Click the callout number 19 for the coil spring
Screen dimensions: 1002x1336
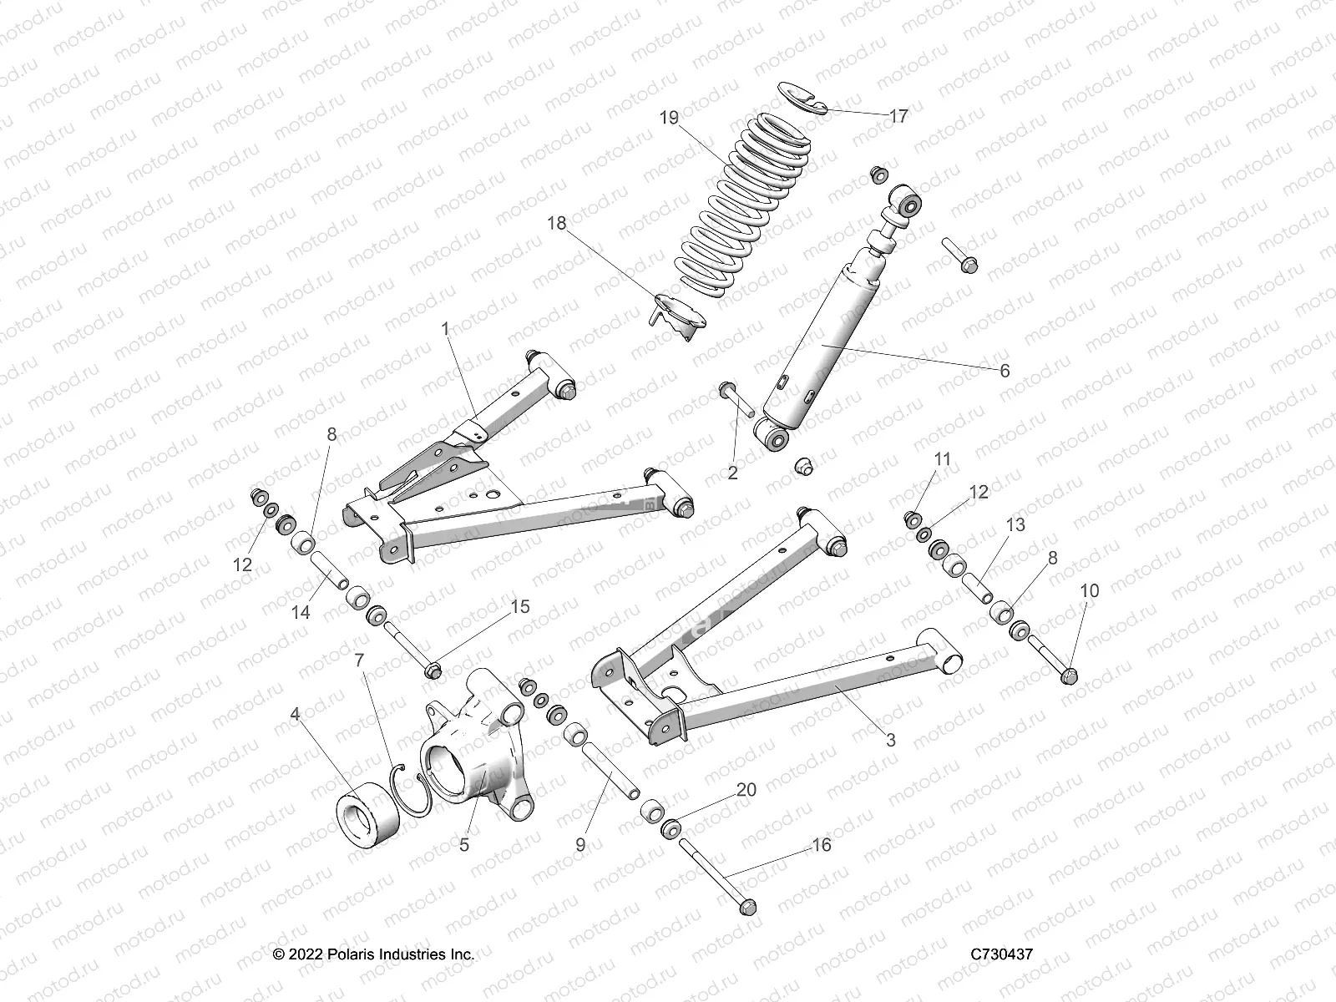tap(669, 118)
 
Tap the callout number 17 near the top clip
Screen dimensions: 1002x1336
tap(898, 116)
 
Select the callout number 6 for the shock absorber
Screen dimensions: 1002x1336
tap(1005, 370)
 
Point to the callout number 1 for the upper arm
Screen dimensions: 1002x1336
tap(446, 329)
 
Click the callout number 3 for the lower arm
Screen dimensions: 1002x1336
tap(891, 739)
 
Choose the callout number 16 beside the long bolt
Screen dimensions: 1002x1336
tap(822, 845)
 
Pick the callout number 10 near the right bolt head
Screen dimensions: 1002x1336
tap(1090, 590)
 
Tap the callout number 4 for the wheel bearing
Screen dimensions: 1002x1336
tap(295, 714)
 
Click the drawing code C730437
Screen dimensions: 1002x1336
tap(1001, 954)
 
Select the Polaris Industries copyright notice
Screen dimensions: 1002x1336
tap(374, 954)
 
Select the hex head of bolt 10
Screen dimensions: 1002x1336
tap(1070, 676)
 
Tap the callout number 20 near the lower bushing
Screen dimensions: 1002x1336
tap(746, 790)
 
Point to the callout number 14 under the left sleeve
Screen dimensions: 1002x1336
tap(301, 612)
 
